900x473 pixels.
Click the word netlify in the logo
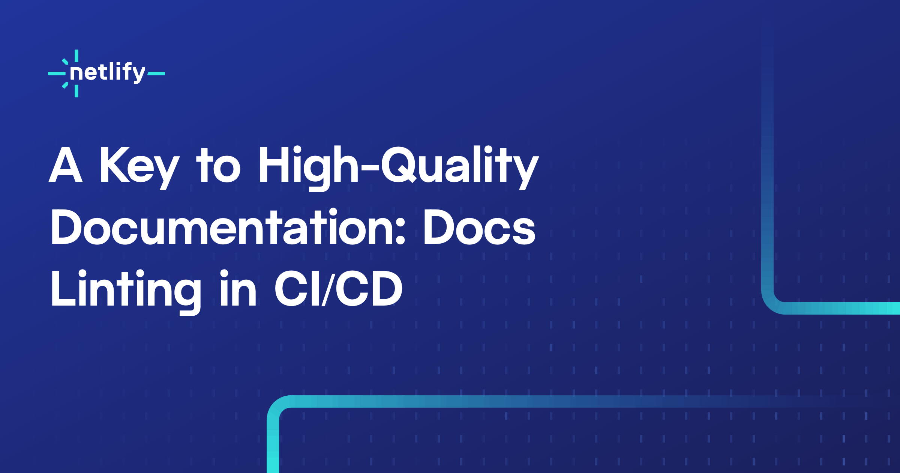(107, 72)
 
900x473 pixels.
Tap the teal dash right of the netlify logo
(156, 74)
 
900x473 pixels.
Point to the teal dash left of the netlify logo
(57, 74)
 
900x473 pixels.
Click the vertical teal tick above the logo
(76, 56)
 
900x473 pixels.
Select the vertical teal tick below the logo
(76, 91)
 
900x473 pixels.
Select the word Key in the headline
(139, 167)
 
